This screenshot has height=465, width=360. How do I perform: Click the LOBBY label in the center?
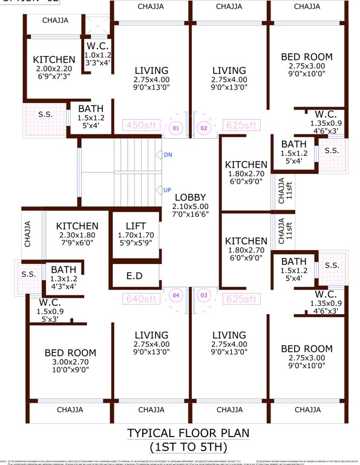[x=191, y=197]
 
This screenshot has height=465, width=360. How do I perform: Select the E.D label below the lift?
[x=134, y=276]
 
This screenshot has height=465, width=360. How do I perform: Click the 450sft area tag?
[x=140, y=126]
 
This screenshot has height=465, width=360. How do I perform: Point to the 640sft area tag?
[x=140, y=298]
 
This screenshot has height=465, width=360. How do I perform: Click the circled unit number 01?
[x=175, y=128]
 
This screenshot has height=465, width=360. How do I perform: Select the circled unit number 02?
[x=204, y=128]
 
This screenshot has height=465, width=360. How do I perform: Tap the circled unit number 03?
[x=204, y=295]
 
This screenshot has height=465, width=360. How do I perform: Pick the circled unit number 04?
[x=175, y=295]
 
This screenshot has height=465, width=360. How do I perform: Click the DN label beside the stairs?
[x=168, y=155]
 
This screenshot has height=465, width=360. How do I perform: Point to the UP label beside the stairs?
[x=167, y=190]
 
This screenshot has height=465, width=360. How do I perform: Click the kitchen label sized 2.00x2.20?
[x=54, y=60]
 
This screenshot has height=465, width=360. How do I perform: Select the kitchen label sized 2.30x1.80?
[x=77, y=226]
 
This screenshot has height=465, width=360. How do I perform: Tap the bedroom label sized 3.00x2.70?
[x=70, y=353]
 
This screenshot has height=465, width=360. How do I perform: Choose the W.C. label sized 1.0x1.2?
[x=97, y=46]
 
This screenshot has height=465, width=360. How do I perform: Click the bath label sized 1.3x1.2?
[x=63, y=269]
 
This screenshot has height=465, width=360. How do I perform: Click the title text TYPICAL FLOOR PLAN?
[x=188, y=434]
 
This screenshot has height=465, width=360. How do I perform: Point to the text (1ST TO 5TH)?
[x=188, y=447]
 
